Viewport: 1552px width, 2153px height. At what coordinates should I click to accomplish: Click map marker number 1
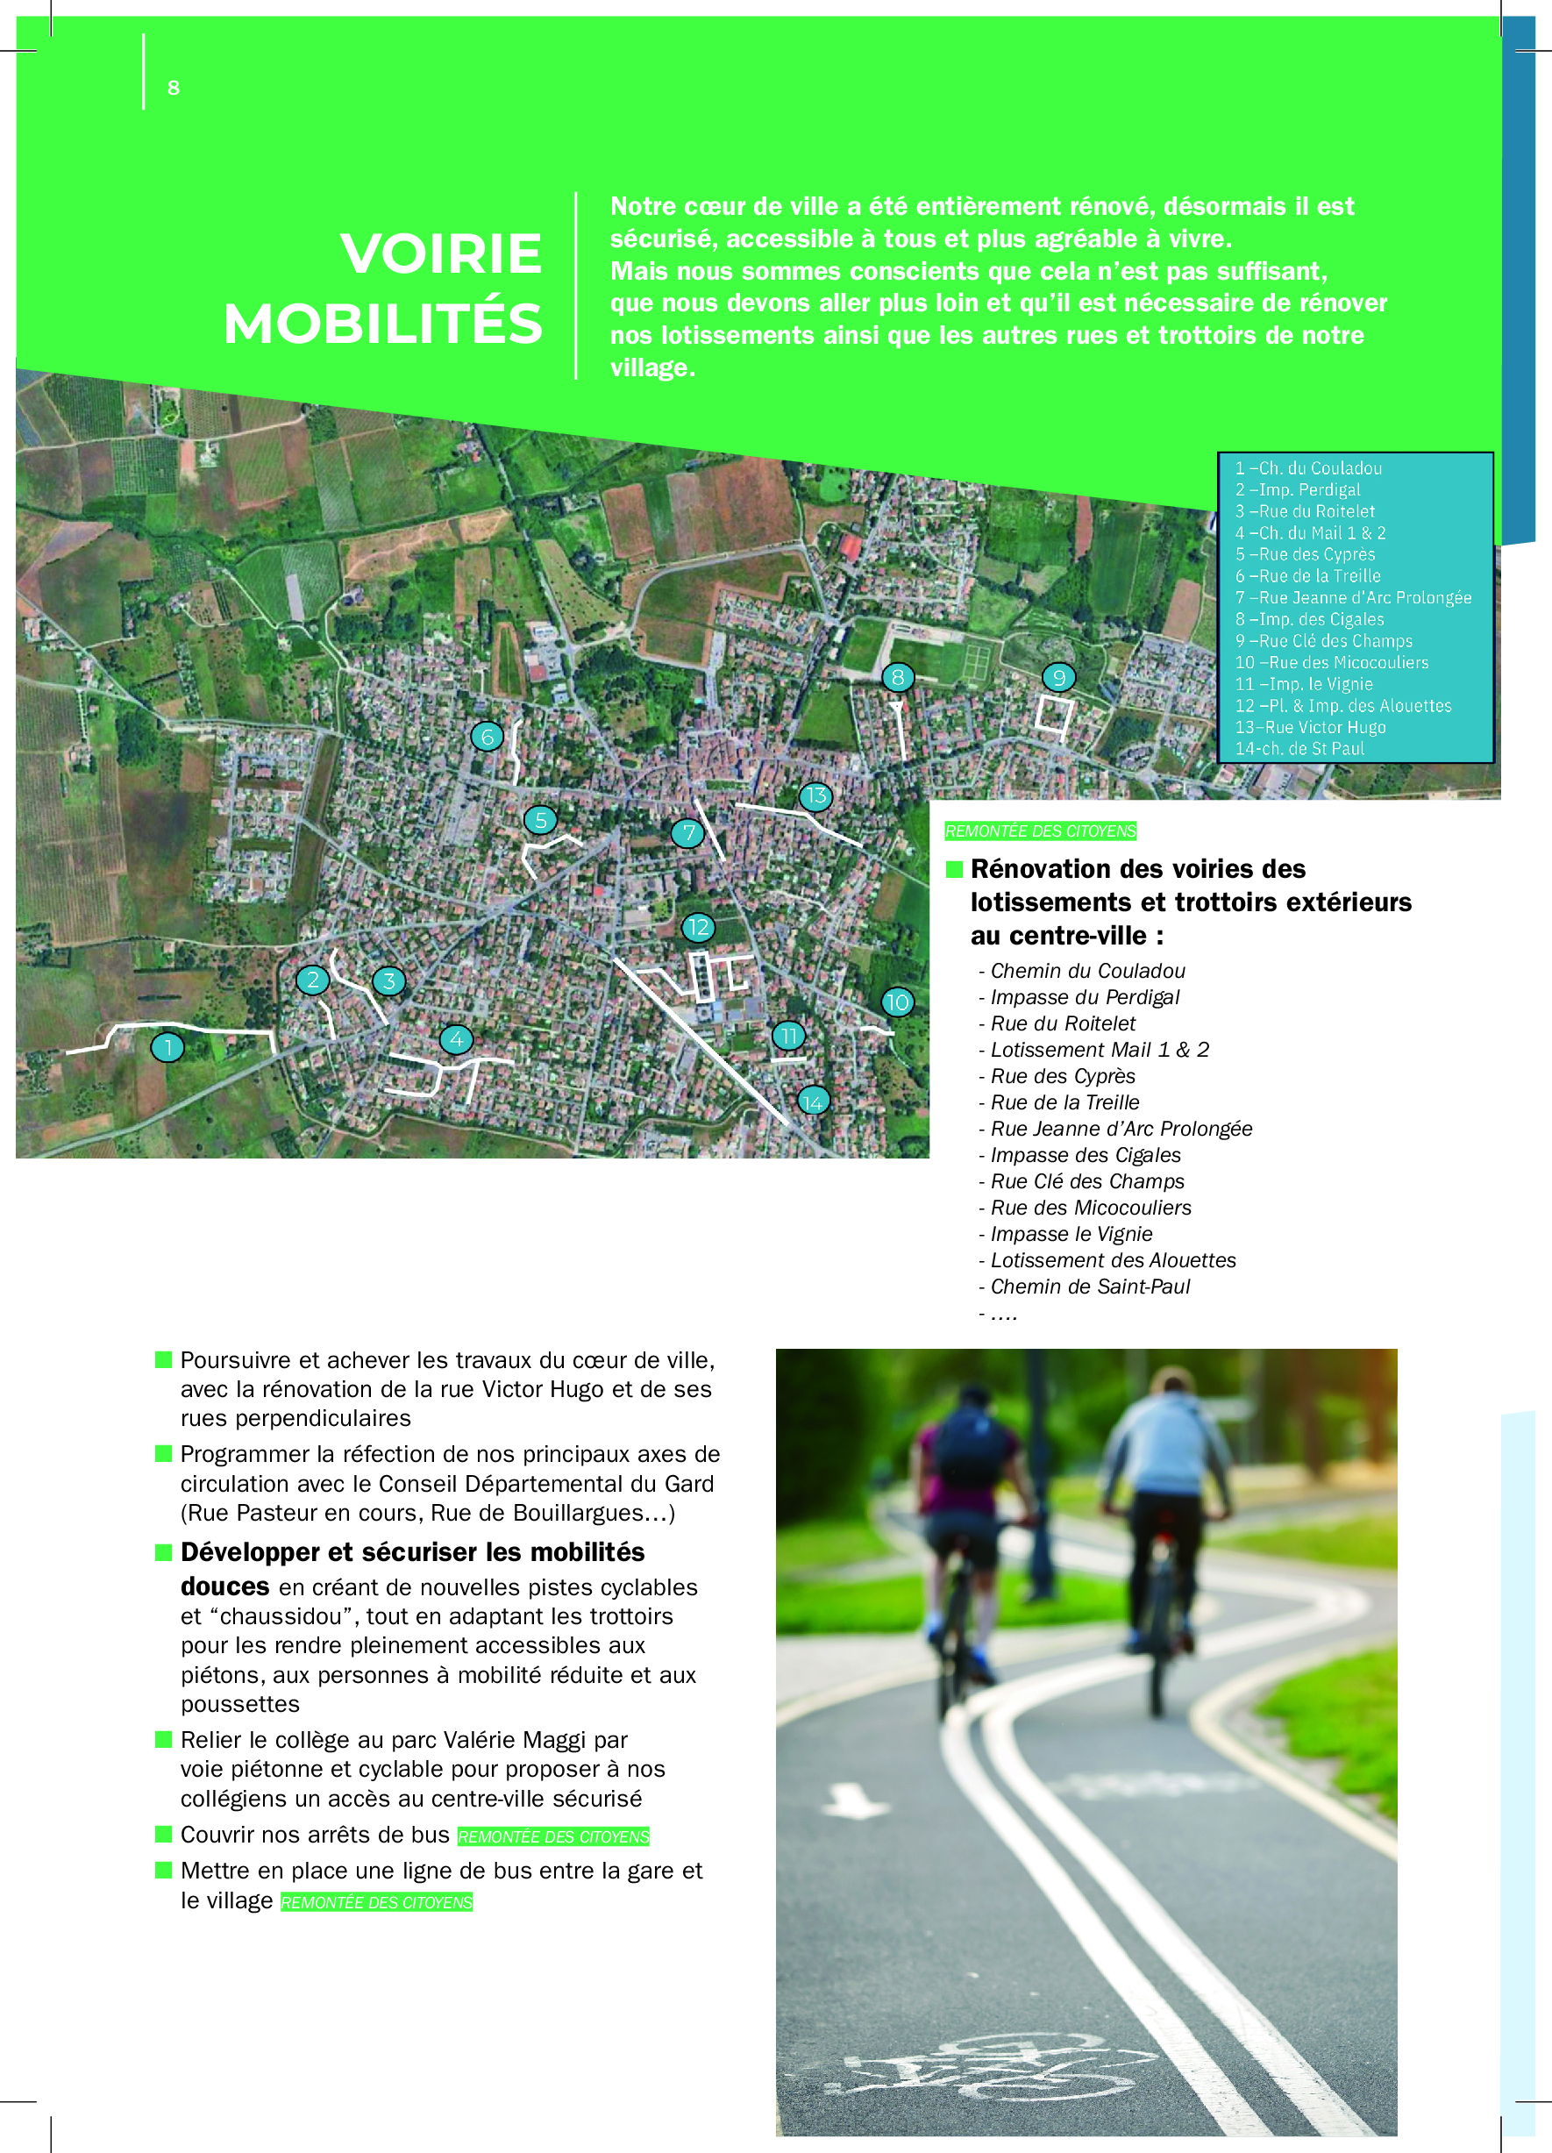click(x=168, y=1047)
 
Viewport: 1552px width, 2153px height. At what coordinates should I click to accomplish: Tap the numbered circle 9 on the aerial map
click(x=1058, y=677)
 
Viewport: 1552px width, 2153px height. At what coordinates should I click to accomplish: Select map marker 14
click(x=813, y=1101)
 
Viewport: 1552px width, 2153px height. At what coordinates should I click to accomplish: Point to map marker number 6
click(x=487, y=737)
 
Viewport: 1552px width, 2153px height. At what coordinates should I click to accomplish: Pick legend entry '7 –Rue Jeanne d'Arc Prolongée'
click(x=1353, y=598)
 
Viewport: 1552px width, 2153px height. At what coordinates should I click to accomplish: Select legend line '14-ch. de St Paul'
click(x=1299, y=749)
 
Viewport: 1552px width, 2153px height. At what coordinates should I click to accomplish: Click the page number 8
click(x=174, y=89)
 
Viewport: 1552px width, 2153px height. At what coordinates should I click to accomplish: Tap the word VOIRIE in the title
click(x=441, y=253)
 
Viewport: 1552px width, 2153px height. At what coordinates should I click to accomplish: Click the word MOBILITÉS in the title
click(x=382, y=324)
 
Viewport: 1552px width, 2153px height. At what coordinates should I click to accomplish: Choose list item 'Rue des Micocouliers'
click(x=1091, y=1208)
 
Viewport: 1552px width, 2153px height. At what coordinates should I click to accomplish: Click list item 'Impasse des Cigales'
click(x=1085, y=1155)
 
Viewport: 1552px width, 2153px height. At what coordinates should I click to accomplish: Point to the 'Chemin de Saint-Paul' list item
click(x=1090, y=1287)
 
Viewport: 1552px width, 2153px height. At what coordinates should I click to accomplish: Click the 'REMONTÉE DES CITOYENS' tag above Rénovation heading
click(x=1040, y=831)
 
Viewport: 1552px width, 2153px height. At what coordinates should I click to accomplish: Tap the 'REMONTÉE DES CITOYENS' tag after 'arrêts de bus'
click(x=553, y=1837)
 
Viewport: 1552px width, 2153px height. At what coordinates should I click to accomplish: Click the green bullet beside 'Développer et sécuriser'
click(x=163, y=1552)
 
